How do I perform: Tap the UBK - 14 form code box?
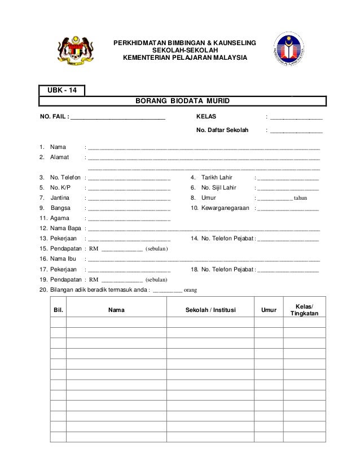(62, 90)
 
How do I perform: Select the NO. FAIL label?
(52, 117)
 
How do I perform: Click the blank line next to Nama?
(204, 148)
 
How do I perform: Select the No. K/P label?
(61, 188)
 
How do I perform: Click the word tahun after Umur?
(301, 199)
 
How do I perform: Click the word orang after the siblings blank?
(191, 291)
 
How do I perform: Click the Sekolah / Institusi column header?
(210, 310)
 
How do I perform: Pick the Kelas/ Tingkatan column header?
(304, 310)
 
